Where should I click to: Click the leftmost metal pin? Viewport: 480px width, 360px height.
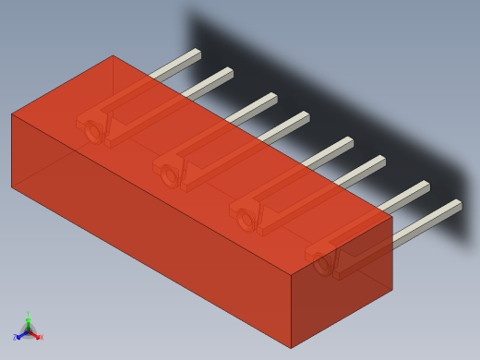click(x=180, y=61)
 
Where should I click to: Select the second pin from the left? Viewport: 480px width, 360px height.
click(x=212, y=79)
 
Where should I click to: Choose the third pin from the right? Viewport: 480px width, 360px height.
click(x=364, y=167)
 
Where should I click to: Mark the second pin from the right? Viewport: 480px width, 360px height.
click(x=408, y=192)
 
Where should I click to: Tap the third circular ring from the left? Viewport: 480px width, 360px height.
click(x=246, y=219)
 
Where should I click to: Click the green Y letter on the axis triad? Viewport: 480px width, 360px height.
click(x=28, y=315)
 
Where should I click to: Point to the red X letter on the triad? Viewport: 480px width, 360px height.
click(x=41, y=337)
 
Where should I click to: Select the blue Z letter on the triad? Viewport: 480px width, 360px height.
click(x=16, y=337)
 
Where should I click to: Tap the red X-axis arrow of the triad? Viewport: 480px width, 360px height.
click(x=35, y=334)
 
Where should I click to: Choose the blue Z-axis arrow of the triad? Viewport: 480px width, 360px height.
click(x=21, y=334)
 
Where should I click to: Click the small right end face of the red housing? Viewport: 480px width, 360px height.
click(x=342, y=286)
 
